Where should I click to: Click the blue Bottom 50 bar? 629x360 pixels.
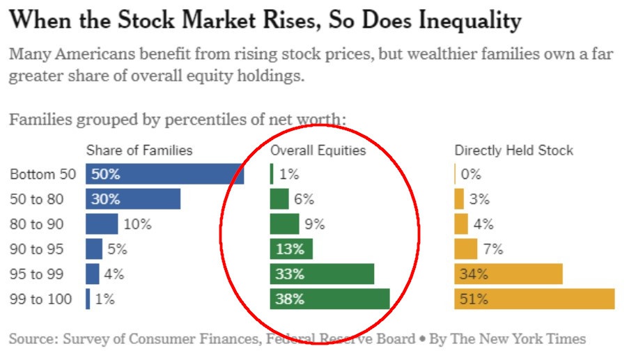click(x=164, y=174)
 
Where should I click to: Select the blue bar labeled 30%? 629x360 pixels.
click(x=133, y=199)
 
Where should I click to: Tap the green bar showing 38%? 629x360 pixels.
click(x=329, y=299)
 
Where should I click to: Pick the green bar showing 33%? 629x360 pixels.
click(x=322, y=274)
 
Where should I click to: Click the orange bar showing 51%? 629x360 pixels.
click(x=534, y=299)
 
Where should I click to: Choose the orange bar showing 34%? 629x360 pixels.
click(x=508, y=274)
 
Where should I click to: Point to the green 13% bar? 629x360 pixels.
click(x=291, y=249)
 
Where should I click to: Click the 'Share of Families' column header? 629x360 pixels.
click(x=139, y=150)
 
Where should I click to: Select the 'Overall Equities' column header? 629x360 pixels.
click(x=318, y=150)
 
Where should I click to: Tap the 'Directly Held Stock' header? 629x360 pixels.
click(x=514, y=150)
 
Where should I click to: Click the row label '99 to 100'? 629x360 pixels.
click(x=41, y=299)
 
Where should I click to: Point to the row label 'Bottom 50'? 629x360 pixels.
click(x=41, y=174)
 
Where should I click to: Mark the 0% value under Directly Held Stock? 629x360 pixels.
click(x=470, y=174)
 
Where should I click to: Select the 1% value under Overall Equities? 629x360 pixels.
click(x=289, y=174)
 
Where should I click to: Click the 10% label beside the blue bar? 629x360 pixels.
click(x=137, y=224)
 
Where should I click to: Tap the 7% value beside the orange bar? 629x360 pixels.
click(x=492, y=249)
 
